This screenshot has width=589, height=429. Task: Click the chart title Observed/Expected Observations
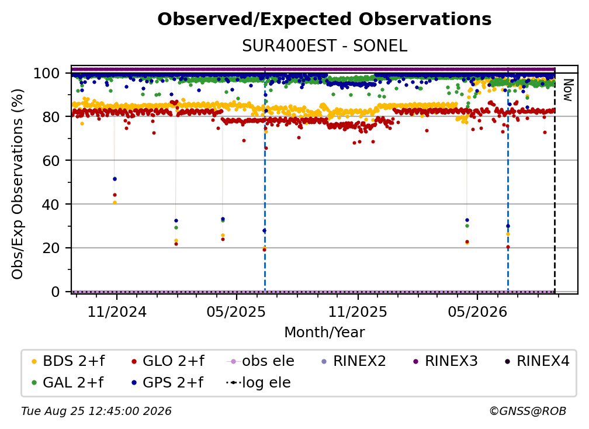(x=324, y=19)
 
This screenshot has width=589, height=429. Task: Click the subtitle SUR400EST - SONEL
(x=324, y=46)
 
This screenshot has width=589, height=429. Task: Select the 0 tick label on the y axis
(x=56, y=292)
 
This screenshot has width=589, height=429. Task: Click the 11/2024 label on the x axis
(x=117, y=312)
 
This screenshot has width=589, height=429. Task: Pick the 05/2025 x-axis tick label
(x=236, y=312)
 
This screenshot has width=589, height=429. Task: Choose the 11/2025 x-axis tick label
(x=358, y=312)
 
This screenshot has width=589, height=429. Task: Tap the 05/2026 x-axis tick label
(x=477, y=312)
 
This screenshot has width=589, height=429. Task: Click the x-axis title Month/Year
(x=324, y=333)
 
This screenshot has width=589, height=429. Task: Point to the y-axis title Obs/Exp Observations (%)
(x=18, y=184)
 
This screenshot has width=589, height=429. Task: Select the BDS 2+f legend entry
(x=68, y=361)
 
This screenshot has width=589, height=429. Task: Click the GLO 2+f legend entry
(x=168, y=361)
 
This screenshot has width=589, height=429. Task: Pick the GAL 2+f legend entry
(x=68, y=383)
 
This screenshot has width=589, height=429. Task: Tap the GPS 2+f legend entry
(x=167, y=383)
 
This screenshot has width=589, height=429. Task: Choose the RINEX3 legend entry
(x=445, y=361)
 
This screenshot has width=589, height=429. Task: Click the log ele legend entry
(x=258, y=383)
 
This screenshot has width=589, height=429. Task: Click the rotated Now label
(x=567, y=90)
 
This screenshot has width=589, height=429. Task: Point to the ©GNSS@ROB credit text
(x=528, y=411)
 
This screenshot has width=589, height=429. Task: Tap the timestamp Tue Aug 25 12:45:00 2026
(x=96, y=411)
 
